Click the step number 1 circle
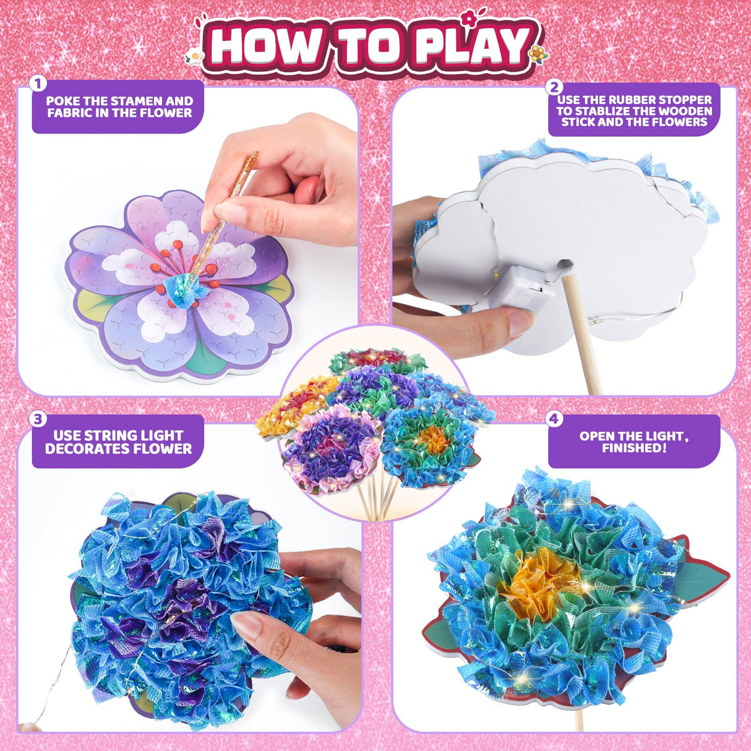(x=38, y=84)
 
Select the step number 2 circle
(x=555, y=87)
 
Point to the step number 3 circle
(x=38, y=419)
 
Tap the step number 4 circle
(x=554, y=419)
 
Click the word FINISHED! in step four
(x=634, y=448)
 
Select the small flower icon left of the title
(x=195, y=57)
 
